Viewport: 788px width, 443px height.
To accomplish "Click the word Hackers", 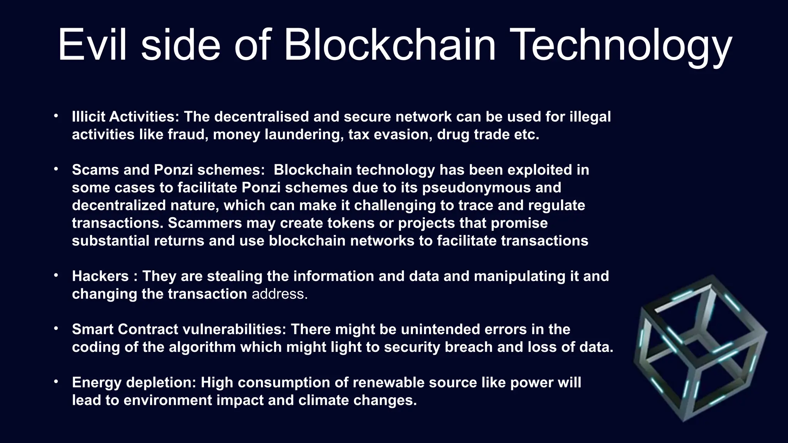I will pyautogui.click(x=100, y=276).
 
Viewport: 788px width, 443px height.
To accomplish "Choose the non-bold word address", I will pyautogui.click(x=279, y=294).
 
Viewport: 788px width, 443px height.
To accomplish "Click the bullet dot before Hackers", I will pyautogui.click(x=56, y=275).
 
